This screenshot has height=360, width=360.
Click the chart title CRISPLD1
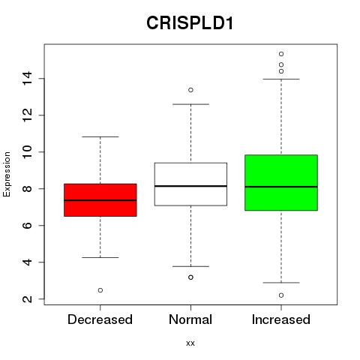190,23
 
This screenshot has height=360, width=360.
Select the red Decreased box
100,200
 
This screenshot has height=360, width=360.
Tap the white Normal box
190,184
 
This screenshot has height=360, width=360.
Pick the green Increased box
281,183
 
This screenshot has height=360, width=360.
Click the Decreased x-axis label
100,319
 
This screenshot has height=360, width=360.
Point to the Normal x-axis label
190,319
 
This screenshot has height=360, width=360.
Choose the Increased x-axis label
281,319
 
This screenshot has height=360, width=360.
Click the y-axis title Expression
7,174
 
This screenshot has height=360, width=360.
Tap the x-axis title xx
190,343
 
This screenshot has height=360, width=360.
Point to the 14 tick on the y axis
27,79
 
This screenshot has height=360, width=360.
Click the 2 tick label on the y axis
27,299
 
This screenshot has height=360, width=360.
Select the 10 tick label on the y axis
27,152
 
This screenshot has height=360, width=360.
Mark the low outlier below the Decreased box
100,290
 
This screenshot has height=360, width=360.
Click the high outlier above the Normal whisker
190,90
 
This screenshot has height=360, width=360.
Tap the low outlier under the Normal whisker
190,277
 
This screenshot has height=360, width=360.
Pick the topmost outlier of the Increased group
281,54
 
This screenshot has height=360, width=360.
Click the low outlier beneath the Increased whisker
281,295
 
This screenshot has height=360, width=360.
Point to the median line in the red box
100,200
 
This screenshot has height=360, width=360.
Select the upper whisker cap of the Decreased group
100,136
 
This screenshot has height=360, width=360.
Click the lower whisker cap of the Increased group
281,283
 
